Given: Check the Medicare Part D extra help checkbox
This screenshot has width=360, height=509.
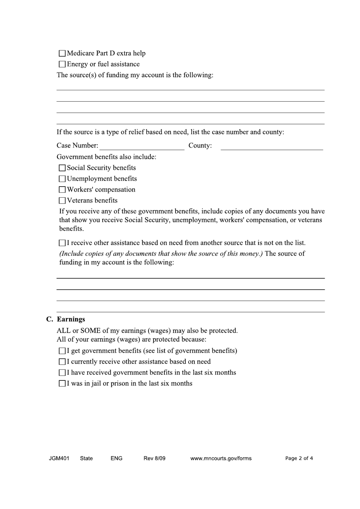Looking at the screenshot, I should coord(62,53).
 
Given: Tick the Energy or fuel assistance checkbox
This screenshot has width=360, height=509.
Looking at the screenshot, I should coord(62,64).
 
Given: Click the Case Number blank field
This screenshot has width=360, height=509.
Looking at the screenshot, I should coord(142,146).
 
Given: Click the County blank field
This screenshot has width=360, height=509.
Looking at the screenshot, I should coord(272,146).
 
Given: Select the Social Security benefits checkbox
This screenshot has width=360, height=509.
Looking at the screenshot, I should coord(62,168).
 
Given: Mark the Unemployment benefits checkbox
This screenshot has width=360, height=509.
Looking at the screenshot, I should coord(62,179).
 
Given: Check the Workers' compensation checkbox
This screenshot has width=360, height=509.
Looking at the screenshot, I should coord(62,190).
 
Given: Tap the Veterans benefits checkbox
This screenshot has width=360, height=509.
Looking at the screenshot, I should coord(62,201).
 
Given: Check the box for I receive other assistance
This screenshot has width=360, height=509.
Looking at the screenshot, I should coord(62,243).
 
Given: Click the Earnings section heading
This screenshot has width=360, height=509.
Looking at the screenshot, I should coord(71,319).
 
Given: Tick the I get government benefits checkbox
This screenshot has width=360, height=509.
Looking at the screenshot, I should coord(62,351).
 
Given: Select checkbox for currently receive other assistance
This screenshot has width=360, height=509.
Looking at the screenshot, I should coord(62,362).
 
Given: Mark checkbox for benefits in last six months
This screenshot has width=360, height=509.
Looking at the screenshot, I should coord(62,373).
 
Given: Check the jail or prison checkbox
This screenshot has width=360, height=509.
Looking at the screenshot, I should coord(62,384).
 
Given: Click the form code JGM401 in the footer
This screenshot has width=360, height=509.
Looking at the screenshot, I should coord(59,458).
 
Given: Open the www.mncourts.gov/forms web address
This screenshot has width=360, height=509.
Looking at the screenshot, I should coord(221,458).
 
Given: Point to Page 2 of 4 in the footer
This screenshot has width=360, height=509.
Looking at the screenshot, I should coord(299,458).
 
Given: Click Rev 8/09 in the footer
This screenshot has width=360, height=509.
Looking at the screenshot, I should coord(154,458).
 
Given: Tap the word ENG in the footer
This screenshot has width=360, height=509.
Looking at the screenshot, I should coord(116,458).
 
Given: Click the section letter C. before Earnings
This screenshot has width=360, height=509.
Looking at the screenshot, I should coord(50,319).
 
